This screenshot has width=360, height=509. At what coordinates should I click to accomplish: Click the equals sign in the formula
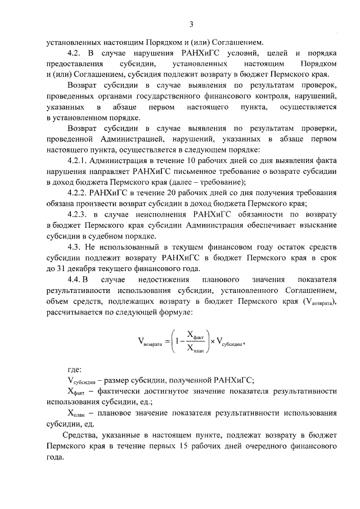pyautogui.click(x=166, y=341)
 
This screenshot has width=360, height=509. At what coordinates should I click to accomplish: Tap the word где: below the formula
pyautogui.click(x=74, y=370)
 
